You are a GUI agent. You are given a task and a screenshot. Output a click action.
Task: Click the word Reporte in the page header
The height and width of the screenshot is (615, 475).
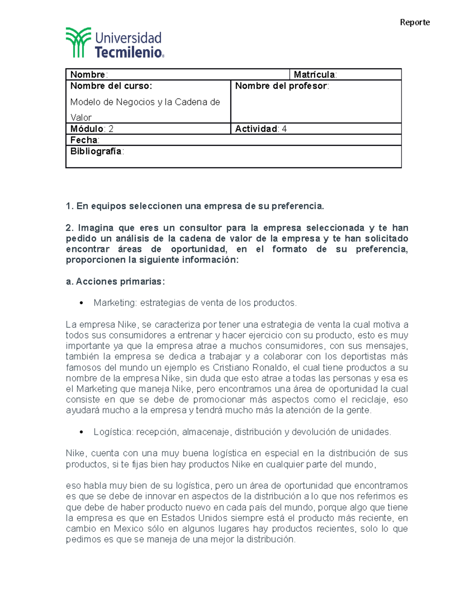[x=414, y=22]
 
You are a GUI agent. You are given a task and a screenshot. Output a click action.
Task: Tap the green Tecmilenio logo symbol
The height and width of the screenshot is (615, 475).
[x=78, y=42]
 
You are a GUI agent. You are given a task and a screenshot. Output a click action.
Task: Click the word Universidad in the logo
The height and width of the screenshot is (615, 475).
[x=128, y=38]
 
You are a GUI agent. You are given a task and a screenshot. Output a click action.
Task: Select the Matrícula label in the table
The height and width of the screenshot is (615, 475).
[x=315, y=74]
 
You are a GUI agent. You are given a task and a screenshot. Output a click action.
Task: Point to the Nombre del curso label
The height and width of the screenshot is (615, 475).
[x=111, y=86]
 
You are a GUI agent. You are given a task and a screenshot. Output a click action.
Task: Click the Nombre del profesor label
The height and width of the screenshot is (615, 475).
[x=281, y=86]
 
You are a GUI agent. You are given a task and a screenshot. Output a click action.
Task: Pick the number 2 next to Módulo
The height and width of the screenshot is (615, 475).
[x=111, y=129]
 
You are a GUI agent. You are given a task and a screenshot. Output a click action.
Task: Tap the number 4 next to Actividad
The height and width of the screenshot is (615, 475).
[x=284, y=129]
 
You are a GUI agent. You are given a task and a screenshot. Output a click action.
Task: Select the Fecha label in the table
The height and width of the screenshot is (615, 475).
[x=84, y=140]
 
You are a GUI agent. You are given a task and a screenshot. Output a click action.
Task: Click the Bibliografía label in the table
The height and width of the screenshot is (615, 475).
[x=96, y=151]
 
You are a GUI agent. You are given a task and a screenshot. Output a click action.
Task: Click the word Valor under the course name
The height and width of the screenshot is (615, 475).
[x=81, y=118]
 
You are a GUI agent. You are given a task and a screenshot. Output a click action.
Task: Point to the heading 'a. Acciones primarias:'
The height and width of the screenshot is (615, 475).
[x=115, y=282]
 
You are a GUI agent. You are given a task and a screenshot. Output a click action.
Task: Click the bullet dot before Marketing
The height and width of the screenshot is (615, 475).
[x=82, y=303]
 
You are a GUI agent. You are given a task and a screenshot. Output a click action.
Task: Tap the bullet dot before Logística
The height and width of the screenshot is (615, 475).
[x=82, y=432]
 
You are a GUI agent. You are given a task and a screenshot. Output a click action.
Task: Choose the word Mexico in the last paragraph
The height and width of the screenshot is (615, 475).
[x=128, y=529]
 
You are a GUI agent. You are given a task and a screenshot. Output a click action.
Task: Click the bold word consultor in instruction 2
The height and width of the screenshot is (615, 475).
[x=200, y=228]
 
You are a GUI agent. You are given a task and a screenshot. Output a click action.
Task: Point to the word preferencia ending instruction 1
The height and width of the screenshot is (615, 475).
[x=296, y=206]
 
